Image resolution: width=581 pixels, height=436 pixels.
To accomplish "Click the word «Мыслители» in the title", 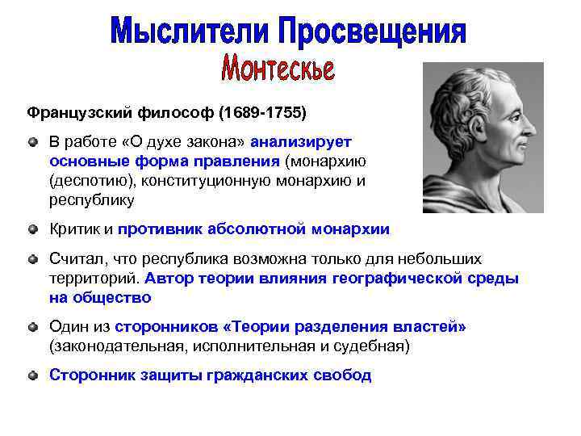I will [190, 32].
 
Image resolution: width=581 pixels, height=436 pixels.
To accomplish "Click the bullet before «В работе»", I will [32, 141].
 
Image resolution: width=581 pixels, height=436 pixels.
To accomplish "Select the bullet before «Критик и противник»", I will [32, 229].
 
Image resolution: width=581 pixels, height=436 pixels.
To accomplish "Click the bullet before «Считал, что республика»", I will [32, 259].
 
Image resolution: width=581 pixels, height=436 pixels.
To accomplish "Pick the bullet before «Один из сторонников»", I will [32, 327].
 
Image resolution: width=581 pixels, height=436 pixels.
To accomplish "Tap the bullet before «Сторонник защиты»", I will [32, 375].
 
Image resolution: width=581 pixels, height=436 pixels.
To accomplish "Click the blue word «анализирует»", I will [301, 141].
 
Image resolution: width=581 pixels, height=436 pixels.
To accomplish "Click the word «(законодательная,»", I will [110, 346].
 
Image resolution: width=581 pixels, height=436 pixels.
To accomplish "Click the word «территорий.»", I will [94, 279].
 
